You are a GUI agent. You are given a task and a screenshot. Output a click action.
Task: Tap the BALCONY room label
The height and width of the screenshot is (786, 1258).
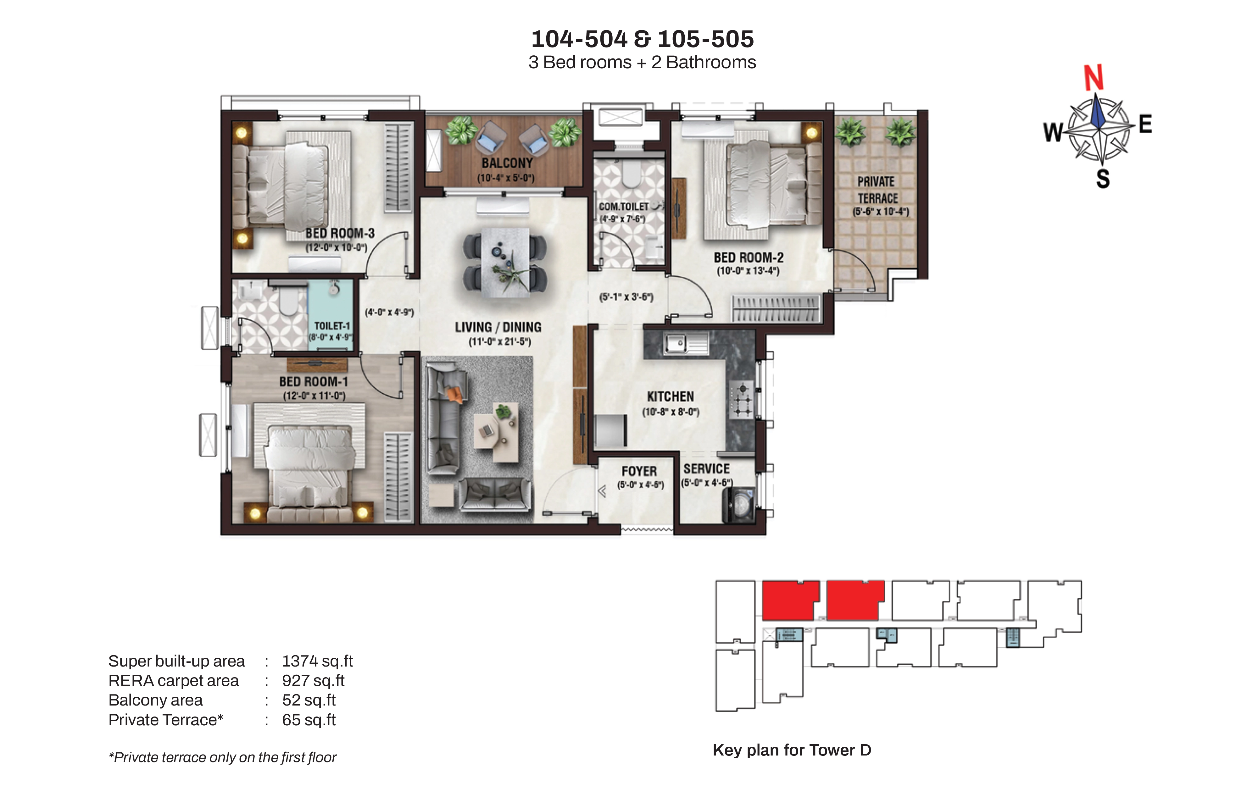[507, 163]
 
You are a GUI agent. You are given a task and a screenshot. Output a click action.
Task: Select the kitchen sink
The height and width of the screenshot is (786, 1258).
[686, 343]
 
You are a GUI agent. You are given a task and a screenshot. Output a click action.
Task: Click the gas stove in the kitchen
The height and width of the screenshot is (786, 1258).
[742, 400]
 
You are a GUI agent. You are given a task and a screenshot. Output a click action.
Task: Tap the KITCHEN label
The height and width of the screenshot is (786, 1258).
[670, 397]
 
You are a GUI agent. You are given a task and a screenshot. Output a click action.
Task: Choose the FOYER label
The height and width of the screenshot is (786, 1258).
[639, 472]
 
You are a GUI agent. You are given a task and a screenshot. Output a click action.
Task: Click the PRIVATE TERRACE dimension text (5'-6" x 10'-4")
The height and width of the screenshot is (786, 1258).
[881, 212]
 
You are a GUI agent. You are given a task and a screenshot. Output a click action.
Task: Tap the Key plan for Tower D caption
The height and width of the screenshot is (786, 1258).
[792, 750]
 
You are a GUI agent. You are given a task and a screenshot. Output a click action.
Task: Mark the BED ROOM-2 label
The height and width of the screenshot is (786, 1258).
[749, 257]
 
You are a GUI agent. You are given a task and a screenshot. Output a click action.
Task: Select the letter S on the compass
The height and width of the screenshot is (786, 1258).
[1103, 179]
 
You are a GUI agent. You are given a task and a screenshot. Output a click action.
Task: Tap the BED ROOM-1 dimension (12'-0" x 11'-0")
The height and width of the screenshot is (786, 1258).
[314, 396]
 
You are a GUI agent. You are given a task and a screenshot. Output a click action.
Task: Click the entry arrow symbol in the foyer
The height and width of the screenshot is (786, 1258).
[602, 491]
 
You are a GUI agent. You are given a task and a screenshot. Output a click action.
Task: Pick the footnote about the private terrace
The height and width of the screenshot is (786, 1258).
[222, 757]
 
